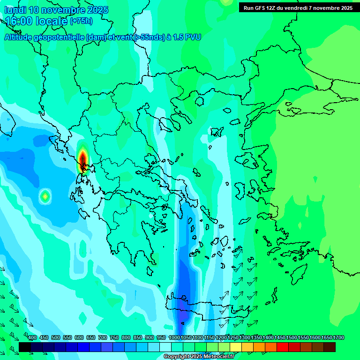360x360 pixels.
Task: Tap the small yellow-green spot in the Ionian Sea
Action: click(45, 196)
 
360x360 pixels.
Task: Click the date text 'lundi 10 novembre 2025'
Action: click(56, 10)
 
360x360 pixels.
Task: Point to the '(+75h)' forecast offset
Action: click(81, 21)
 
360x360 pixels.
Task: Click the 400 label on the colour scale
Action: click(32, 337)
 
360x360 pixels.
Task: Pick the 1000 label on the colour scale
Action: click(174, 337)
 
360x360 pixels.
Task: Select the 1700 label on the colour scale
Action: click(338, 337)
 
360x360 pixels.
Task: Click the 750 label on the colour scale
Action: click(114, 337)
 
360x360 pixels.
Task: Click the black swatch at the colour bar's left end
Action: click(25, 347)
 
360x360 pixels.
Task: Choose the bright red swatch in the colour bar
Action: click(283, 347)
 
